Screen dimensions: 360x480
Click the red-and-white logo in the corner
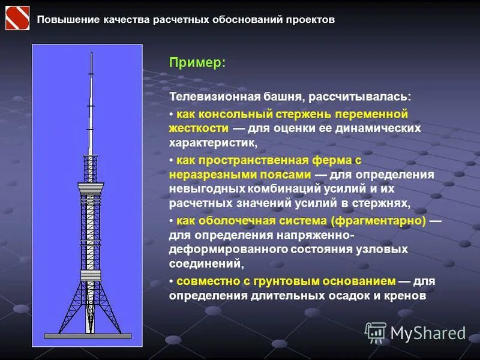(x=17, y=17)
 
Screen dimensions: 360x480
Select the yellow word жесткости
(x=199, y=128)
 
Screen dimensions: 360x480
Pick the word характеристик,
(x=213, y=143)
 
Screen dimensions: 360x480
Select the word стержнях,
(x=382, y=203)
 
